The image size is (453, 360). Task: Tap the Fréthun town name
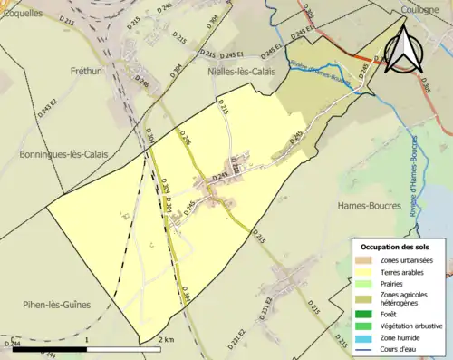(x=91, y=70)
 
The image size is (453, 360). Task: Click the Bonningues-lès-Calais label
(x=63, y=155)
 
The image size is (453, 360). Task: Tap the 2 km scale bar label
(x=167, y=340)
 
